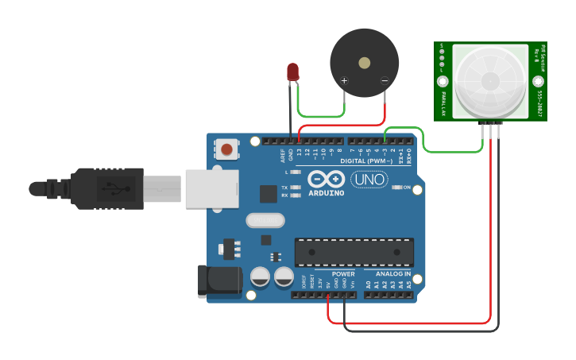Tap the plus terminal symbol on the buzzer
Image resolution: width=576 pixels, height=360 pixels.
[344, 80]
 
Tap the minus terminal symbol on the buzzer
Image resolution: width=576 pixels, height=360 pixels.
[385, 80]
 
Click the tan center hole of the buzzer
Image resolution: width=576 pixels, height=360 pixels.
[364, 62]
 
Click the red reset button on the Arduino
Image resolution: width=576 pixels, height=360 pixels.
[228, 149]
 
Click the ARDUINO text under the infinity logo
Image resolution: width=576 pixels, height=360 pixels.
[326, 192]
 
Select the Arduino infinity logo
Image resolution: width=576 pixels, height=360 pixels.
[326, 179]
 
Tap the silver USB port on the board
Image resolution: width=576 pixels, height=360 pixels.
[211, 188]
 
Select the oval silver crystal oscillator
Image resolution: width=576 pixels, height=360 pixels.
[265, 220]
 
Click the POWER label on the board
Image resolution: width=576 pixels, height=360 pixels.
[343, 273]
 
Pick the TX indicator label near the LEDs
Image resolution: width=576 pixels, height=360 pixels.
[284, 188]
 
